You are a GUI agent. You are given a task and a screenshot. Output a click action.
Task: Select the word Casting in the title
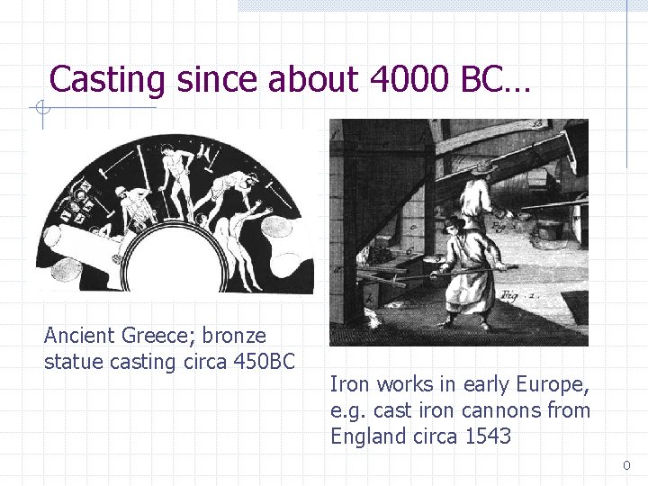tap(107, 81)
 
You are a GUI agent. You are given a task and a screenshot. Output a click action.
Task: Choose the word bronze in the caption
tap(234, 336)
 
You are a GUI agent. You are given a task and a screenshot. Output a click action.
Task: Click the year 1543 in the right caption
tap(488, 436)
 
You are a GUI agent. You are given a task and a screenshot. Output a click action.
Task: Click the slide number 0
tap(626, 465)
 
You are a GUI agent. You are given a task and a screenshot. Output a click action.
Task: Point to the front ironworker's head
tap(449, 225)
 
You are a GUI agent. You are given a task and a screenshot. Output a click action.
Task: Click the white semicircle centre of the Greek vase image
tap(178, 261)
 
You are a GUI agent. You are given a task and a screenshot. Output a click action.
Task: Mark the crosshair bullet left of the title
tap(40, 110)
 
